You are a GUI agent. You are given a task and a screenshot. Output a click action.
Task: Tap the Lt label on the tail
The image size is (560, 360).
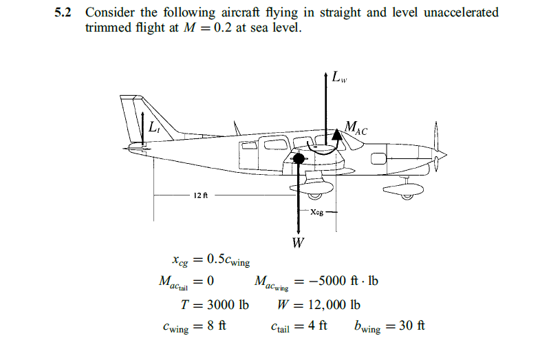click(x=153, y=127)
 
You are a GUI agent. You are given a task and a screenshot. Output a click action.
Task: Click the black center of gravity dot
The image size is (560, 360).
click(x=299, y=159)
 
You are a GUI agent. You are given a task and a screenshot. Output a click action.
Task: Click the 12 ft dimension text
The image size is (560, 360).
click(x=200, y=195)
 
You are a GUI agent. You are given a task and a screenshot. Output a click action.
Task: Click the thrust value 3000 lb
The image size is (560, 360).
click(x=227, y=304)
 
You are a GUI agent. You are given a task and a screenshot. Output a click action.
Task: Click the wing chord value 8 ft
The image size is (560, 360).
click(x=217, y=326)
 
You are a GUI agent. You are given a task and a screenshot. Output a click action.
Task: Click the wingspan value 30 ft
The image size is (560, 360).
click(x=412, y=326)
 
